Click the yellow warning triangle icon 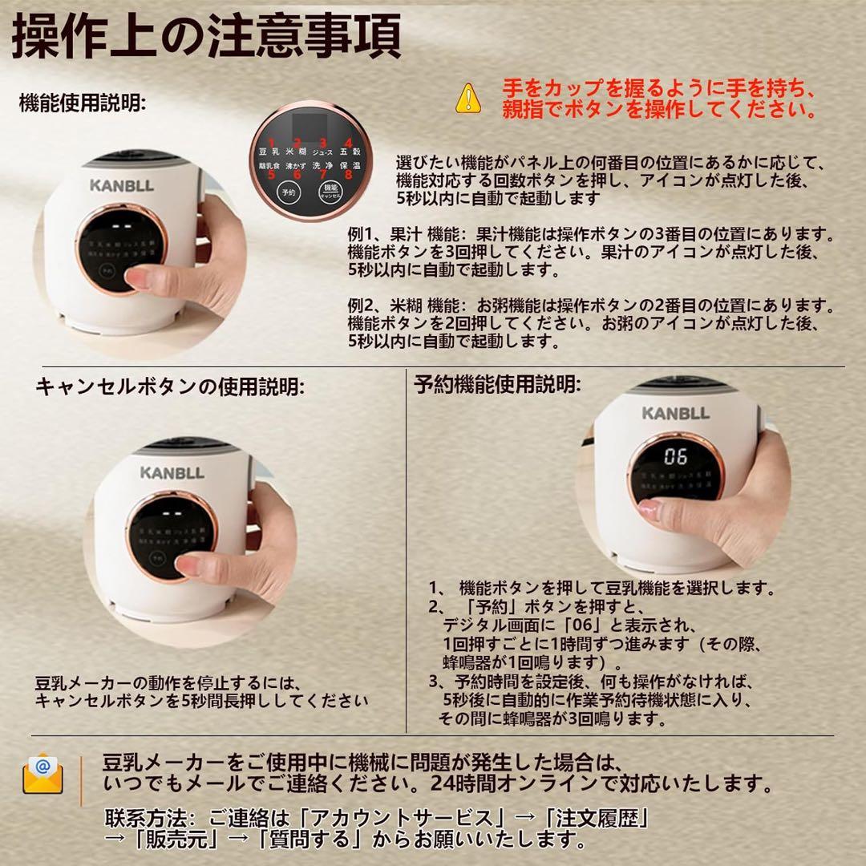pyautogui.click(x=467, y=98)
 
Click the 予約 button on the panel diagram pyautogui.click(x=287, y=192)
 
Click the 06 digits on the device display pyautogui.click(x=675, y=457)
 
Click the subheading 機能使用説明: pyautogui.click(x=82, y=104)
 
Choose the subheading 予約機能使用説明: pyautogui.click(x=497, y=385)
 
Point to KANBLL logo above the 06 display pyautogui.click(x=675, y=413)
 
